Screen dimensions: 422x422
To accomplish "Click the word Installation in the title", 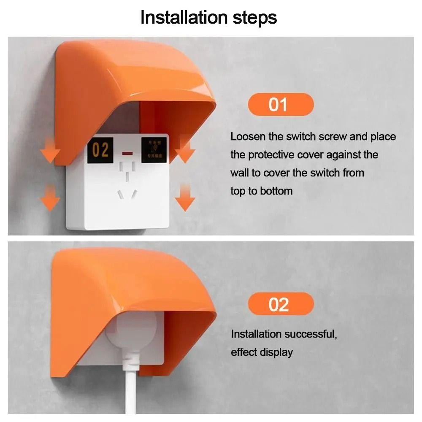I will click(184, 18).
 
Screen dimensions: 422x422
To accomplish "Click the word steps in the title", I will click(254, 18).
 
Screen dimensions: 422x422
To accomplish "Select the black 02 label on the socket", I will click(100, 150).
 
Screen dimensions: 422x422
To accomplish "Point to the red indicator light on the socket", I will click(127, 152).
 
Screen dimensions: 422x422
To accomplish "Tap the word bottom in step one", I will click(276, 191).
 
